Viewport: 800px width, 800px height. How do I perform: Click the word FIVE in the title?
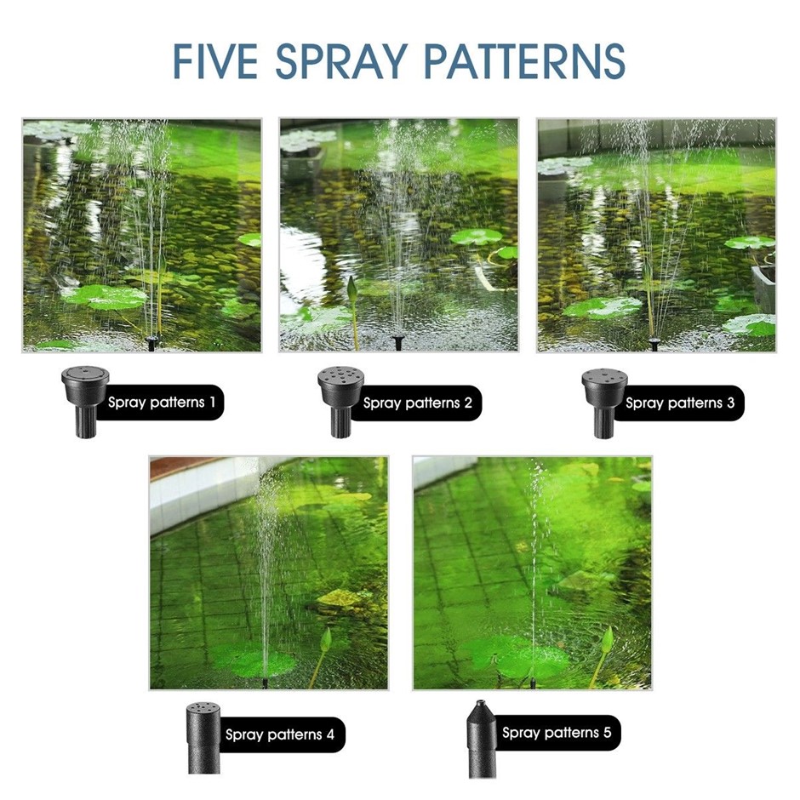[x=215, y=61]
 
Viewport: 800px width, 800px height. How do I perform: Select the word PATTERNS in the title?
[x=524, y=61]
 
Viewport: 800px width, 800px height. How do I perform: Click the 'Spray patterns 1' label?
[x=161, y=403]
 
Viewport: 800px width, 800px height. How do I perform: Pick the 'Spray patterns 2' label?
[x=417, y=403]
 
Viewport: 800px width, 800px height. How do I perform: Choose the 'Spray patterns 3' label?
[x=680, y=403]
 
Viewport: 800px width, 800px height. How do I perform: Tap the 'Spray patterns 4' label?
[x=280, y=734]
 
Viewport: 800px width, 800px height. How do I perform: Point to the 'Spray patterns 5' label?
[x=556, y=733]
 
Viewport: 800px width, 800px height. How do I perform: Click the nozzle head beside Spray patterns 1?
[x=85, y=401]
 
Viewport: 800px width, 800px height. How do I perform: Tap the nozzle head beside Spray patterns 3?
[x=604, y=403]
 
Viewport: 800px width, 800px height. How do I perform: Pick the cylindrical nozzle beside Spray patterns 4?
[x=203, y=738]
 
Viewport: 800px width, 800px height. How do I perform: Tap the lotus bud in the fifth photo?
[x=607, y=640]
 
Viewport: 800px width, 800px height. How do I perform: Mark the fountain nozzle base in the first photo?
[x=151, y=342]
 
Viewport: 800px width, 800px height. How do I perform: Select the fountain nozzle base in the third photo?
[x=654, y=343]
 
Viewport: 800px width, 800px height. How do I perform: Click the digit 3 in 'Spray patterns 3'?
[x=730, y=403]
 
